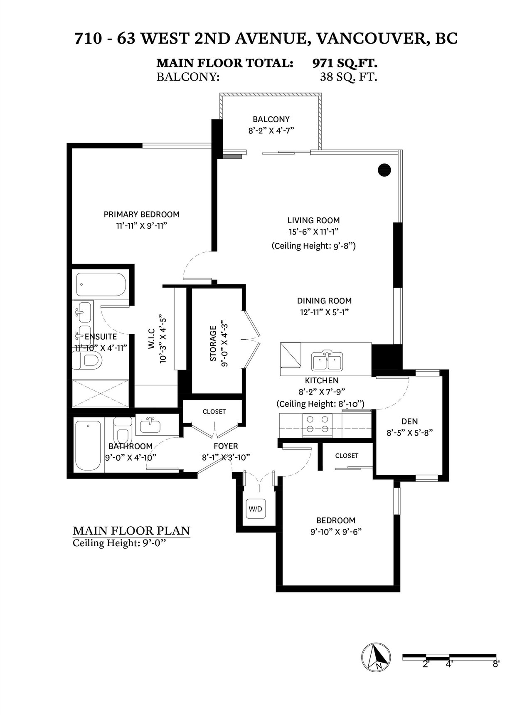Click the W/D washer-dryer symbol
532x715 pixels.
click(x=256, y=509)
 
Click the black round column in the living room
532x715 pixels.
click(x=385, y=169)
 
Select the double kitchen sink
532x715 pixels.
click(x=328, y=360)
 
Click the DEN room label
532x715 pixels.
click(x=410, y=421)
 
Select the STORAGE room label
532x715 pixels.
click(x=213, y=343)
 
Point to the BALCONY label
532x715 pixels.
click(x=271, y=119)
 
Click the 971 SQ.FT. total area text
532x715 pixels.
click(x=345, y=64)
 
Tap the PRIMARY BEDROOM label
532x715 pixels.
click(x=141, y=214)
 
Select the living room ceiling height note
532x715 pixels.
click(x=313, y=246)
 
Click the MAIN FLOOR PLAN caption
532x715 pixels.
click(x=131, y=531)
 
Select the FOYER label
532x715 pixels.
click(x=226, y=446)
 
